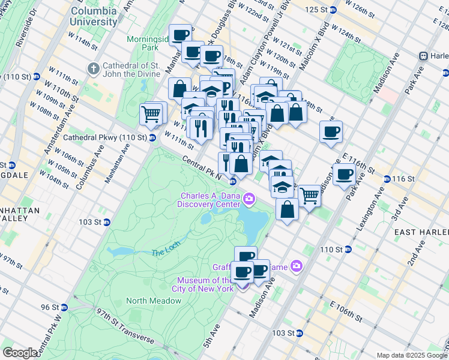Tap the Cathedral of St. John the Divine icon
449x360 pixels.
click(x=93, y=69)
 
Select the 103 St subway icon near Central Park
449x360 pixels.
click(x=107, y=222)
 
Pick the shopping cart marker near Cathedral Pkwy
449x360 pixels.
click(x=151, y=112)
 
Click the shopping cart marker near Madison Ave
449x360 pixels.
click(x=309, y=194)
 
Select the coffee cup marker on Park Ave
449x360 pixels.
click(x=344, y=175)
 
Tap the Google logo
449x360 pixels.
click(x=20, y=353)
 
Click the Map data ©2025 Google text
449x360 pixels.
click(x=411, y=355)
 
